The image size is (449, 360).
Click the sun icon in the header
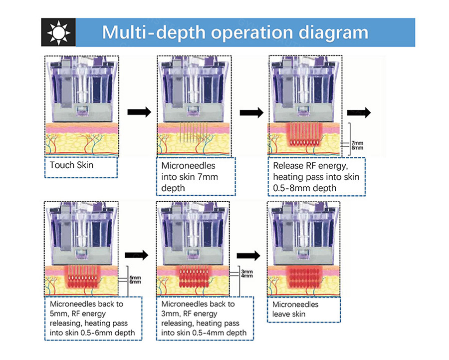(59, 32)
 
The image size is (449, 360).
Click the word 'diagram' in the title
(334, 32)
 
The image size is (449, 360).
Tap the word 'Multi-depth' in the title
(154, 32)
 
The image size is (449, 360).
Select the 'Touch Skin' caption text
(71, 165)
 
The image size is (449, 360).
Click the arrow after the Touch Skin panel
(139, 112)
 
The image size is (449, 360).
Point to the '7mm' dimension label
(357, 143)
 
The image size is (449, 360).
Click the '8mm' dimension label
(357, 148)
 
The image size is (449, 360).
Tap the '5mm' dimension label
(135, 278)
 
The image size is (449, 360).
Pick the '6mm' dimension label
(135, 282)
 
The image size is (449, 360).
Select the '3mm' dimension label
(247, 272)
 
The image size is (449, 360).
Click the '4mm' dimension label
(247, 276)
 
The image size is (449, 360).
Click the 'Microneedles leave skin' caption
(295, 309)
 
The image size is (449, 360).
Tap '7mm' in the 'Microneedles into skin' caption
(208, 177)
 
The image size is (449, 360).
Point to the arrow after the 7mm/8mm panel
(359, 112)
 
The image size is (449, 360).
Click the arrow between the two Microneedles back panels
(137, 255)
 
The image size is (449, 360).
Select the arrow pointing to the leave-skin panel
(248, 255)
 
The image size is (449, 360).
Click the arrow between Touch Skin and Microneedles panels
(139, 112)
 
